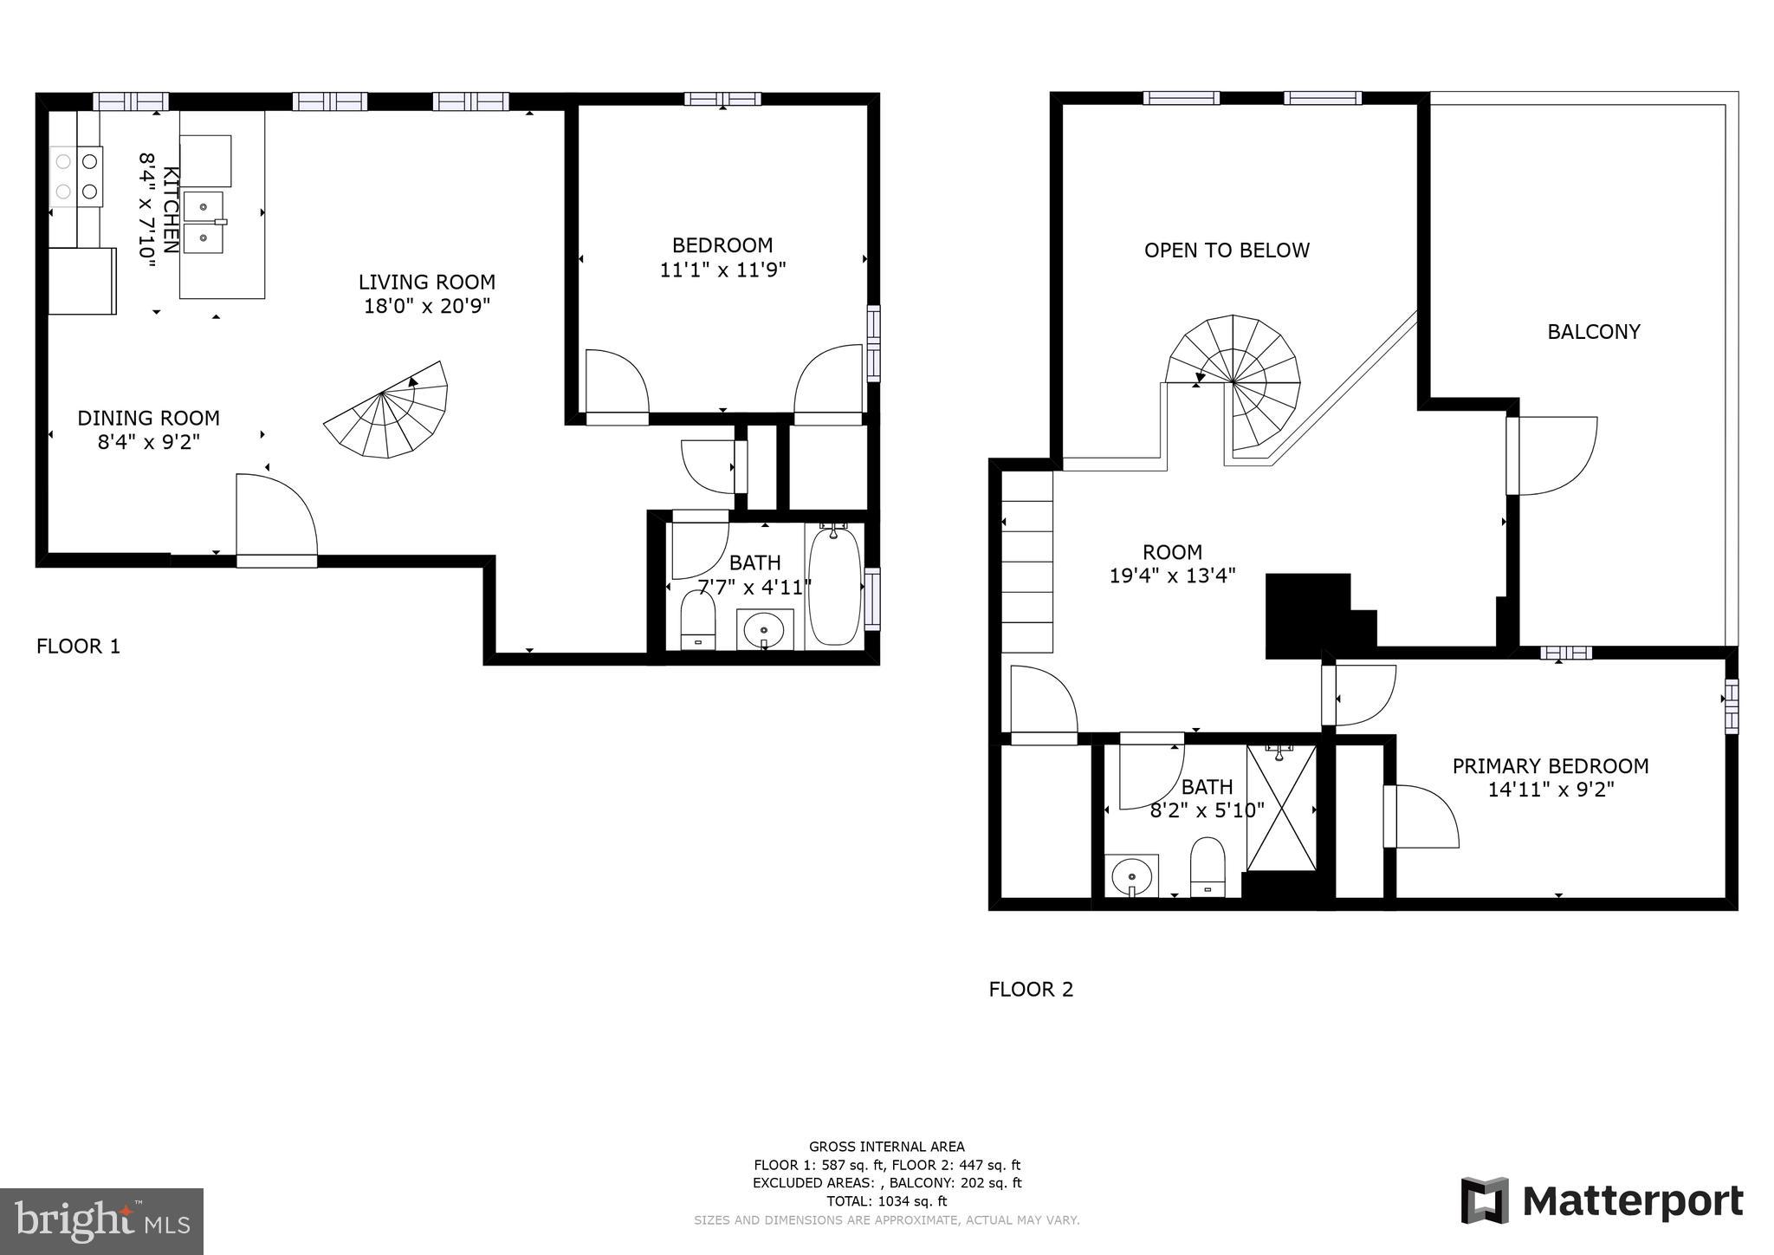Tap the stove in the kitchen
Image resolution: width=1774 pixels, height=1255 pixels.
pos(76,176)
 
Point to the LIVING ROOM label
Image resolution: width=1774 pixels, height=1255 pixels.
pos(427,282)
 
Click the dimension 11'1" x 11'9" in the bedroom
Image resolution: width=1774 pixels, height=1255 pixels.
pos(722,270)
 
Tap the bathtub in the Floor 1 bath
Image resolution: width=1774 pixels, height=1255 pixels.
pos(834,586)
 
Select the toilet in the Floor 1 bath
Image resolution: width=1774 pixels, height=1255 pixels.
pos(698,621)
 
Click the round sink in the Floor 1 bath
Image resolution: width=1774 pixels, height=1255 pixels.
pos(764,629)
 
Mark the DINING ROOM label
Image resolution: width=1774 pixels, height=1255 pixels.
pos(148,418)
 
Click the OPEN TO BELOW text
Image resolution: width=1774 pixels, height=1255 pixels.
pos(1227,250)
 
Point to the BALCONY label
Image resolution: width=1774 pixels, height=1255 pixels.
pos(1593,331)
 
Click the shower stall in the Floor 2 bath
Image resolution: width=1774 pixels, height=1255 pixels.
pos(1280,808)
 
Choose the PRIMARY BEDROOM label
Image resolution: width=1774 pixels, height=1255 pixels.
pos(1550,766)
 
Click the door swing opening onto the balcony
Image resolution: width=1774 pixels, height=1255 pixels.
pos(1555,457)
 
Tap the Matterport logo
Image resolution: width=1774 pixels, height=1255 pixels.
pos(1602,1201)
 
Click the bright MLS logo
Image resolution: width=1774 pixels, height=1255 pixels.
pos(101,1221)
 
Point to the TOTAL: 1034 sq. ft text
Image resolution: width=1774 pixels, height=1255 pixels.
pos(886,1201)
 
